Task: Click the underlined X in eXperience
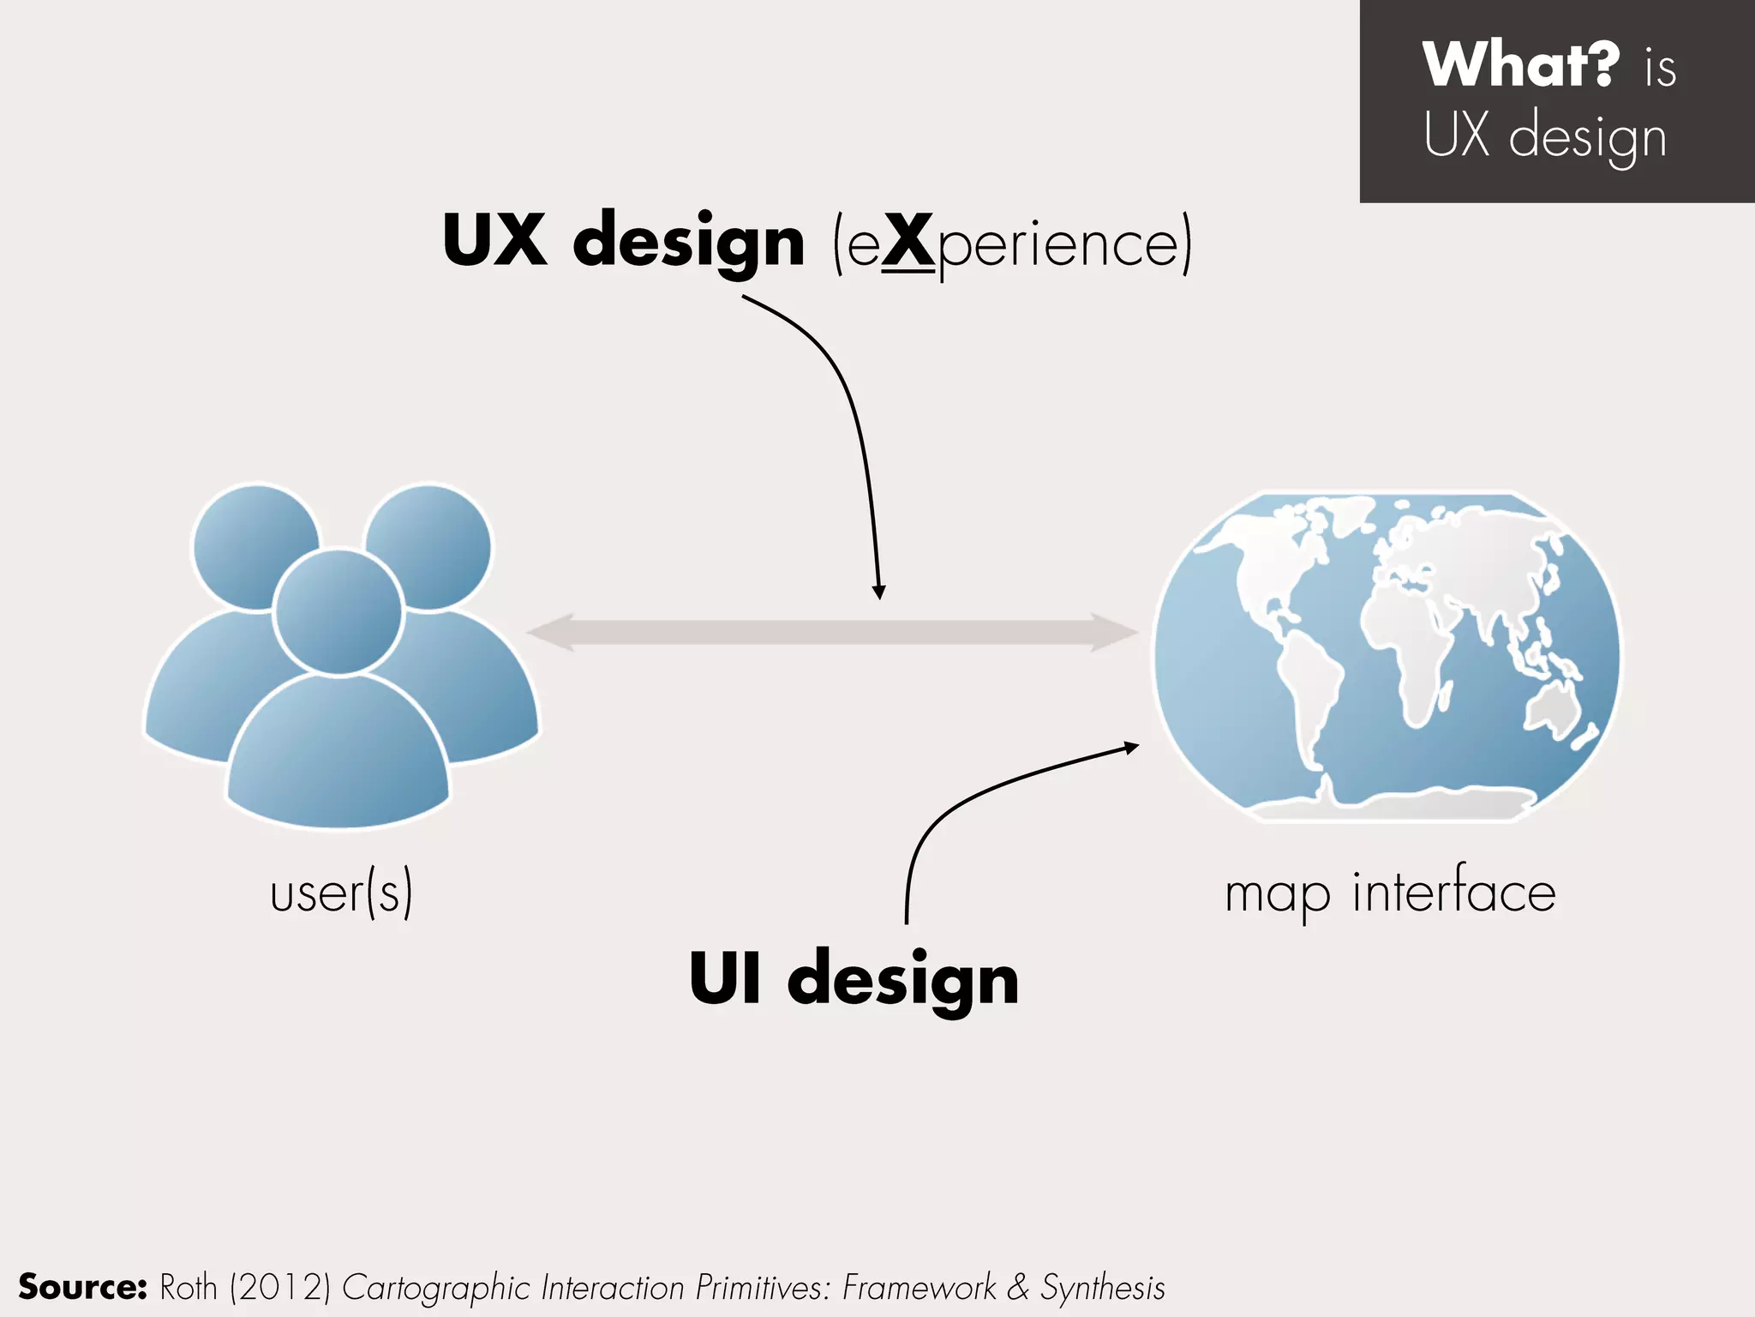(907, 242)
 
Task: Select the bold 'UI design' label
(854, 979)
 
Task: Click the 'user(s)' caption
(341, 893)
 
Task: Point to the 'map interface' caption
(1390, 893)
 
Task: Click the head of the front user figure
(338, 611)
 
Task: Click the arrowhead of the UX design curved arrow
(878, 592)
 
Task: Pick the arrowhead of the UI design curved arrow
(1132, 748)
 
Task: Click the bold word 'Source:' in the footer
(83, 1287)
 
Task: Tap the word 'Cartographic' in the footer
(436, 1287)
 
